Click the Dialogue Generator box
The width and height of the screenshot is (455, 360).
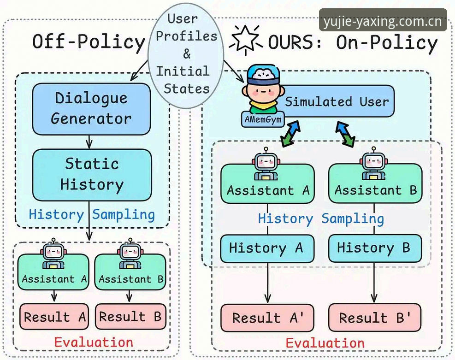(x=91, y=109)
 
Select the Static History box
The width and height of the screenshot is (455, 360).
(x=92, y=175)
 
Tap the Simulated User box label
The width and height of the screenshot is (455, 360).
(x=337, y=102)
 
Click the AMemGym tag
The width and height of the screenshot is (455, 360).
(x=263, y=119)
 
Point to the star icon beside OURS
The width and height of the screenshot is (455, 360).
(x=246, y=40)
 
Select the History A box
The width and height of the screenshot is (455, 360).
(x=267, y=248)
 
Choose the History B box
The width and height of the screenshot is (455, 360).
(x=375, y=248)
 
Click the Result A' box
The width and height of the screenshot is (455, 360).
(x=267, y=318)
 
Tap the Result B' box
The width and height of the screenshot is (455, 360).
(x=375, y=318)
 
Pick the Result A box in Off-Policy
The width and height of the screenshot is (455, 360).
(x=54, y=317)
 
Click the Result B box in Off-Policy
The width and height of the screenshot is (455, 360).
(x=130, y=317)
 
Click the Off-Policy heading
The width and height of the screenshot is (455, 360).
(x=88, y=41)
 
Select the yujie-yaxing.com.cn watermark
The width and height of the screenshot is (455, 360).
(x=383, y=20)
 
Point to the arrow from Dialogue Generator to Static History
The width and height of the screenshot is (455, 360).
(x=89, y=142)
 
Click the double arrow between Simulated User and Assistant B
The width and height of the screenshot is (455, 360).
(x=345, y=134)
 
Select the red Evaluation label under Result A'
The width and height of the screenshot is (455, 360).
(x=325, y=343)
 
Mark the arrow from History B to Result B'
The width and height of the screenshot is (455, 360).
(x=374, y=283)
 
